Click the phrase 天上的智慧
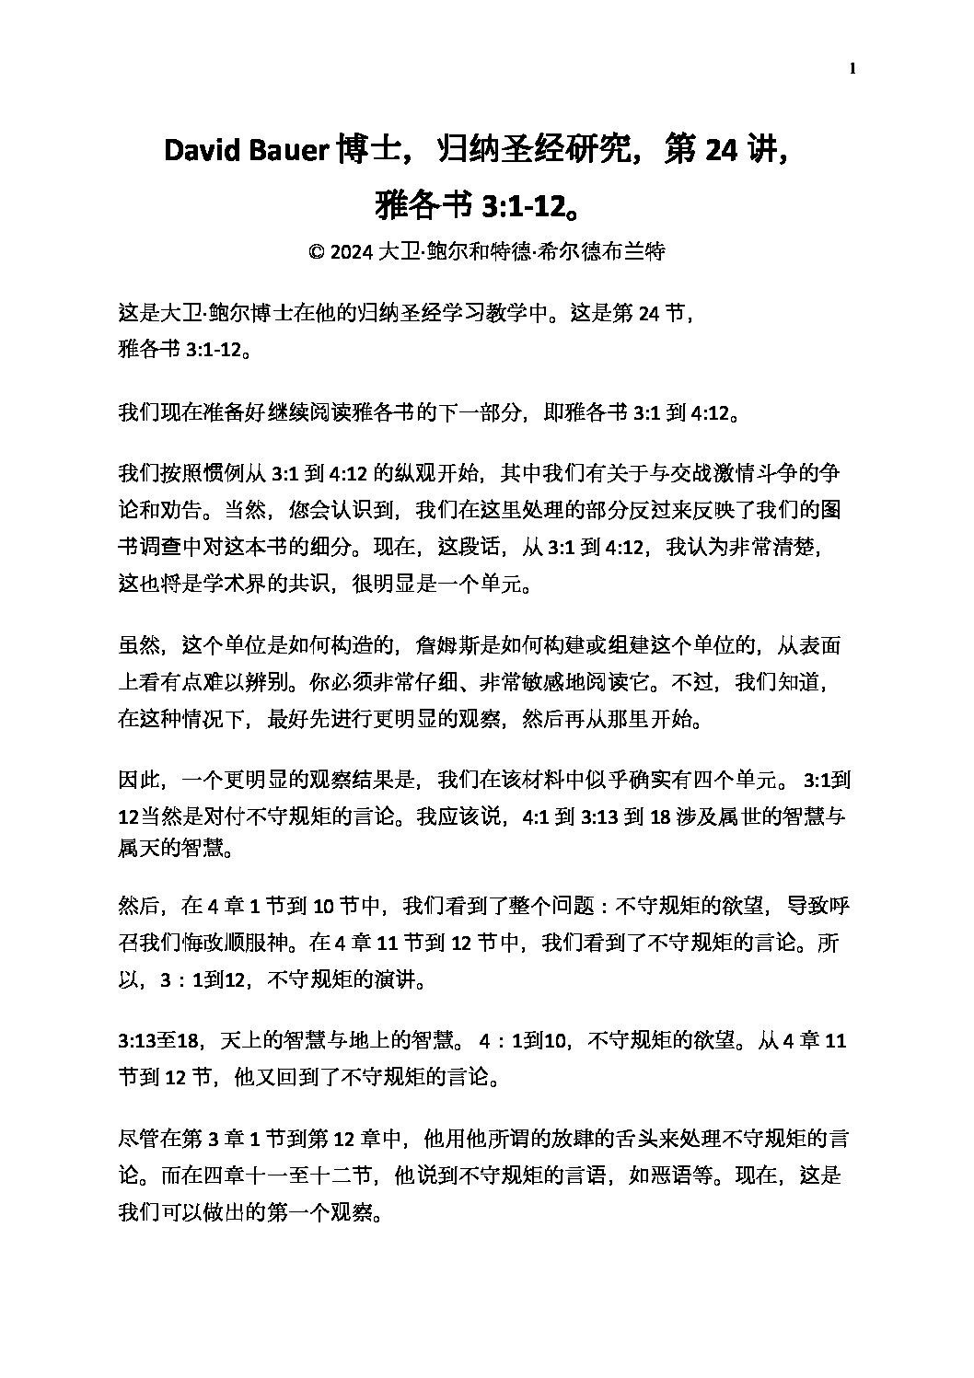pos(273,1041)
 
